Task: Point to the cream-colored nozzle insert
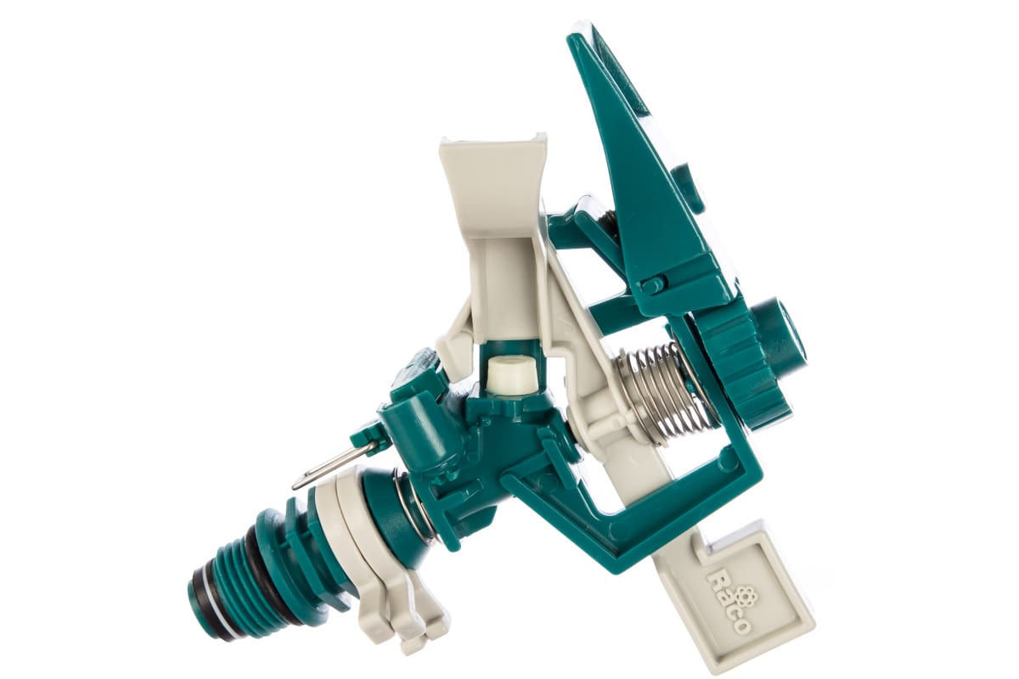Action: pyautogui.click(x=509, y=373)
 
